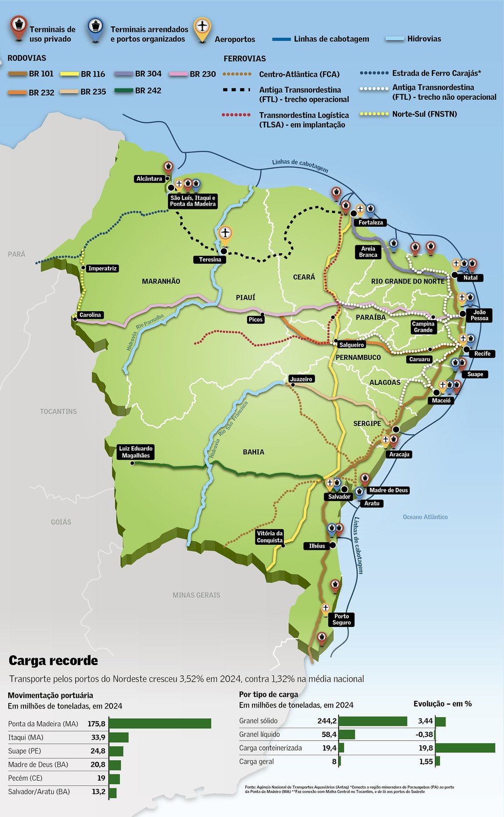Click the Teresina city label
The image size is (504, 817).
coord(210,260)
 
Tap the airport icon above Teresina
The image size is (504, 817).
coord(225,233)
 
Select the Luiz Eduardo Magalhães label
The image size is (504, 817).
coord(136,452)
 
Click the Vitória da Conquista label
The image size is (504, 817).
coord(269,536)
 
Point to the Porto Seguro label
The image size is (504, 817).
coord(342,619)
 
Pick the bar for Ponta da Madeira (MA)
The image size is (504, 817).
coord(160,723)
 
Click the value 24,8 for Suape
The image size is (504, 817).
coord(98,751)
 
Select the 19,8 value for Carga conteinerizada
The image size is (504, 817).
coord(426,748)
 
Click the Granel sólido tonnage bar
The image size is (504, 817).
coord(373,721)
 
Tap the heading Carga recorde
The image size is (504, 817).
coord(53,660)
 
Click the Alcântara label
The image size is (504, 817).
coord(149,179)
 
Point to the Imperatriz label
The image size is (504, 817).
coord(102,268)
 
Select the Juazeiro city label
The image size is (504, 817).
coord(301,379)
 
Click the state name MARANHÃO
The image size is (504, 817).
coord(161,281)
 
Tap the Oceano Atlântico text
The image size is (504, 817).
coord(425,517)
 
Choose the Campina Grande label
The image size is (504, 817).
coord(423,327)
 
